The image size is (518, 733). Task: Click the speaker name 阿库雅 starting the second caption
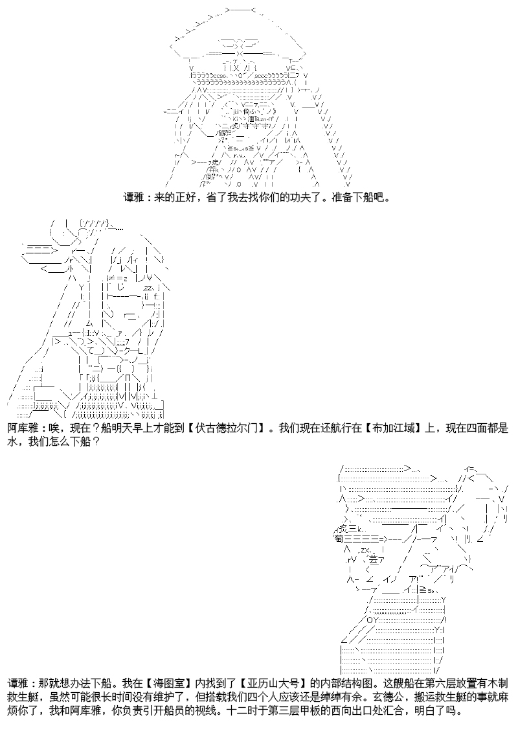point(22,429)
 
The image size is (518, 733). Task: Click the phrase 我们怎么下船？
point(62,442)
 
